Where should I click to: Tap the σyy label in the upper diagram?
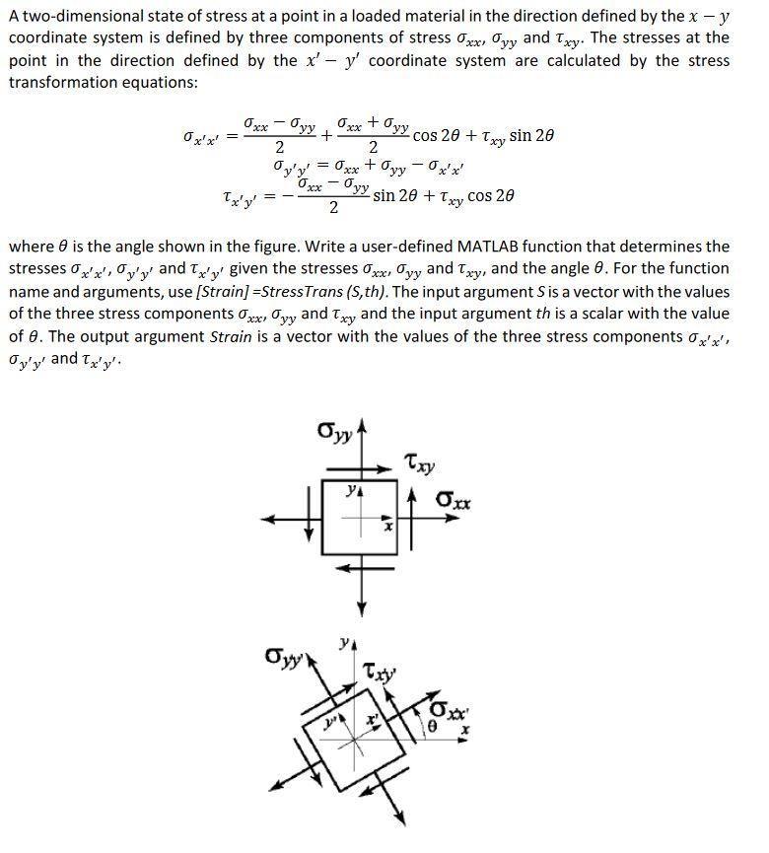(330, 431)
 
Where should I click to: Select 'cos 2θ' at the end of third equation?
(490, 195)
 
